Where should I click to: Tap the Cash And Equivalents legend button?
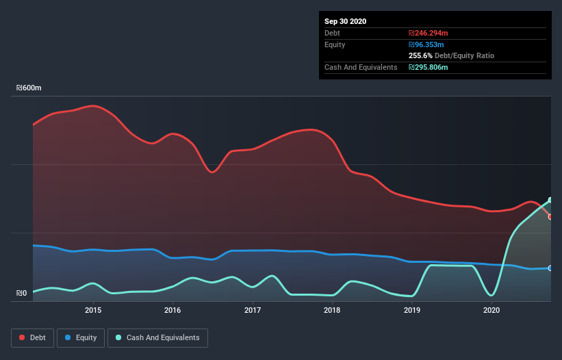pyautogui.click(x=157, y=337)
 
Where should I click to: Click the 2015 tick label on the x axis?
pyautogui.click(x=93, y=310)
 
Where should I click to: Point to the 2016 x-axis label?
pyautogui.click(x=173, y=310)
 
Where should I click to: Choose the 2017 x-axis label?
pyautogui.click(x=253, y=310)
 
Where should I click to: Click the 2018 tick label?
pyautogui.click(x=332, y=310)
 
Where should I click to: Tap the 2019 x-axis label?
pyautogui.click(x=412, y=310)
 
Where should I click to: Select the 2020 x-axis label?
pyautogui.click(x=491, y=310)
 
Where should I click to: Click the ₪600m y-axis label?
pyautogui.click(x=29, y=88)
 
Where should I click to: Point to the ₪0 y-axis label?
pyautogui.click(x=21, y=294)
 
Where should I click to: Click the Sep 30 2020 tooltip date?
pyautogui.click(x=345, y=21)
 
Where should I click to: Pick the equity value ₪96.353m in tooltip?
pyautogui.click(x=428, y=44)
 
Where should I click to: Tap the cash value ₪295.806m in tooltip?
pyautogui.click(x=430, y=67)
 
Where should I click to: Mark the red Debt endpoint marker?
pyautogui.click(x=550, y=216)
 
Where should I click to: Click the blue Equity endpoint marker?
pyautogui.click(x=550, y=268)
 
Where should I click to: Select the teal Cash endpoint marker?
pyautogui.click(x=550, y=200)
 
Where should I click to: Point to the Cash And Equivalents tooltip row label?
pyautogui.click(x=361, y=67)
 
